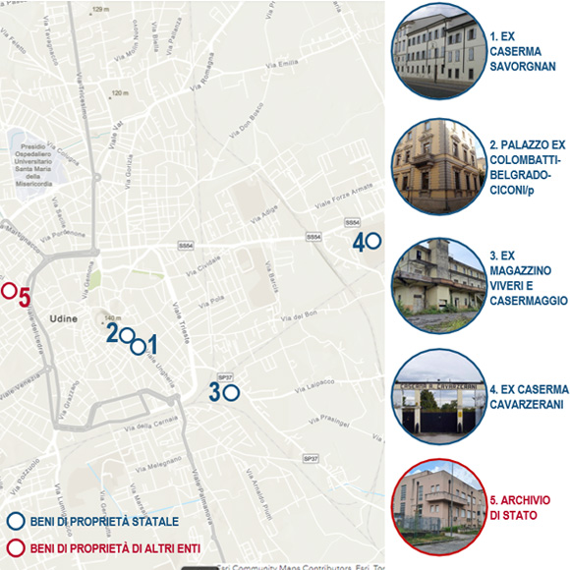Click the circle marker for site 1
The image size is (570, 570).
click(139, 345)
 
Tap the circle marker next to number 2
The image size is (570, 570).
click(126, 336)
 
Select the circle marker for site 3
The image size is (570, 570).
click(232, 392)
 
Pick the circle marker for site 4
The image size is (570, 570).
click(373, 241)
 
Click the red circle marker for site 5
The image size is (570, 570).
click(8, 290)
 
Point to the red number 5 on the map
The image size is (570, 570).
click(25, 297)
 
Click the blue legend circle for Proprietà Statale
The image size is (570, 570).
click(15, 523)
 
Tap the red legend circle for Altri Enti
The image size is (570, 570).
click(15, 548)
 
